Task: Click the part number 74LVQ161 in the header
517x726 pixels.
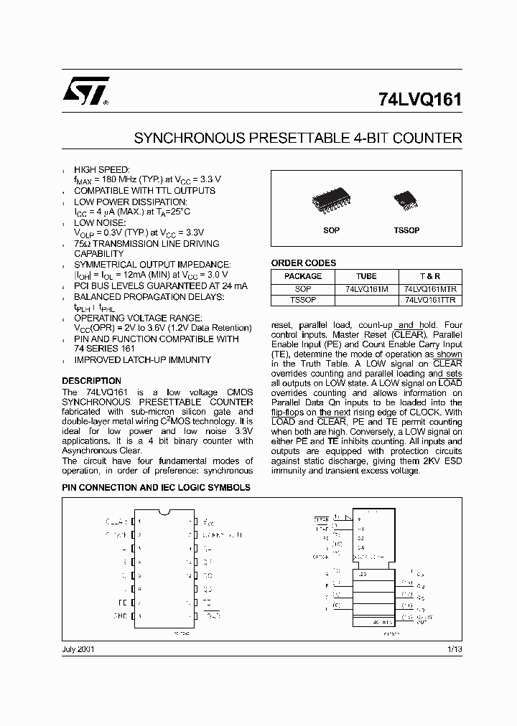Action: (419, 100)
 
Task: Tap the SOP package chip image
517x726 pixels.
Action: (331, 203)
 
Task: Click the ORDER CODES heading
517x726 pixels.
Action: (303, 263)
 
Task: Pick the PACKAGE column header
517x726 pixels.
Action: (303, 276)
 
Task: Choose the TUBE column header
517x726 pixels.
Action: (366, 276)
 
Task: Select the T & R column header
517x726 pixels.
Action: (430, 276)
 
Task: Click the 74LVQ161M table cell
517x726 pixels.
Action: (366, 288)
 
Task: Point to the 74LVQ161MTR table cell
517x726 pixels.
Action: (430, 288)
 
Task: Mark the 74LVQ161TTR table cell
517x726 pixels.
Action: (430, 301)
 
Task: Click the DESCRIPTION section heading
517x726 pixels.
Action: (91, 381)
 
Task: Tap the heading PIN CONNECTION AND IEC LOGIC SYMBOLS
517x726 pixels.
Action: (156, 487)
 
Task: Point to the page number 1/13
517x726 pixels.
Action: (454, 649)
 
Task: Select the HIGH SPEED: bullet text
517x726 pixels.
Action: (102, 169)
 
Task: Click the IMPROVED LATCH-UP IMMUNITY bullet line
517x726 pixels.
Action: (142, 360)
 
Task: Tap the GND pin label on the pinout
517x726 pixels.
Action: (121, 616)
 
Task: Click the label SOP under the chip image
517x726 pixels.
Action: (331, 231)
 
